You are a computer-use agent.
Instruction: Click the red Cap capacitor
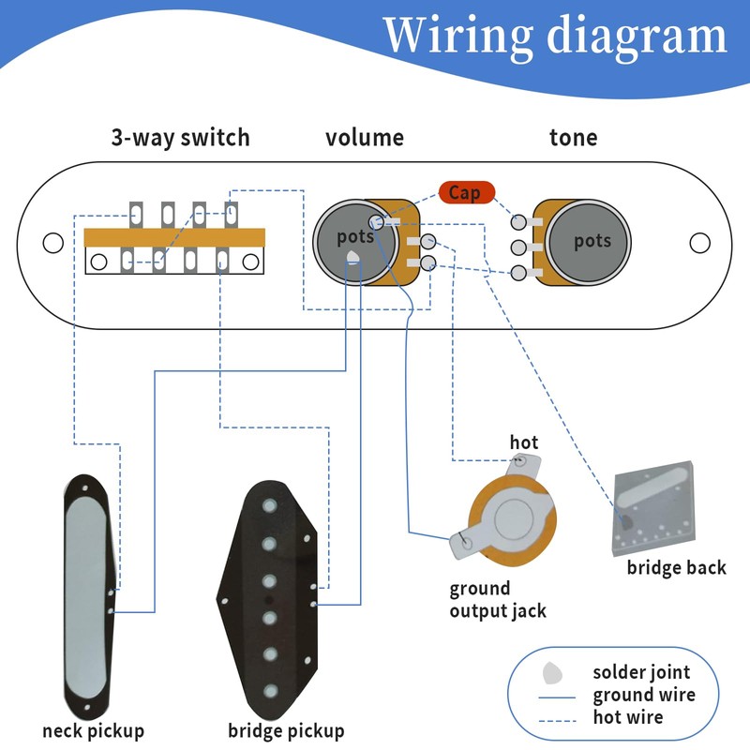click(x=464, y=192)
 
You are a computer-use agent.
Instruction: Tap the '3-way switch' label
click(x=180, y=139)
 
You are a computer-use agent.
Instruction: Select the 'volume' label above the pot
click(x=365, y=139)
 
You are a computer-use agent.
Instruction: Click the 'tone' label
click(x=573, y=139)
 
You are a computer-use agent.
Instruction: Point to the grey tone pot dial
click(x=591, y=241)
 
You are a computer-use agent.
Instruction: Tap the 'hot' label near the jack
click(x=524, y=442)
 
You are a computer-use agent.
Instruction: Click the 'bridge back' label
click(x=676, y=568)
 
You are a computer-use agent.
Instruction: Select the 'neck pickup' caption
click(x=93, y=730)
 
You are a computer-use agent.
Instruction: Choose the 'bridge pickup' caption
click(x=286, y=730)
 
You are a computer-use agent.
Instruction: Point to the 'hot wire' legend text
click(x=627, y=717)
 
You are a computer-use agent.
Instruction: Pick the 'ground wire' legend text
click(x=644, y=695)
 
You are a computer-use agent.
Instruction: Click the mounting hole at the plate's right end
click(x=699, y=243)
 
